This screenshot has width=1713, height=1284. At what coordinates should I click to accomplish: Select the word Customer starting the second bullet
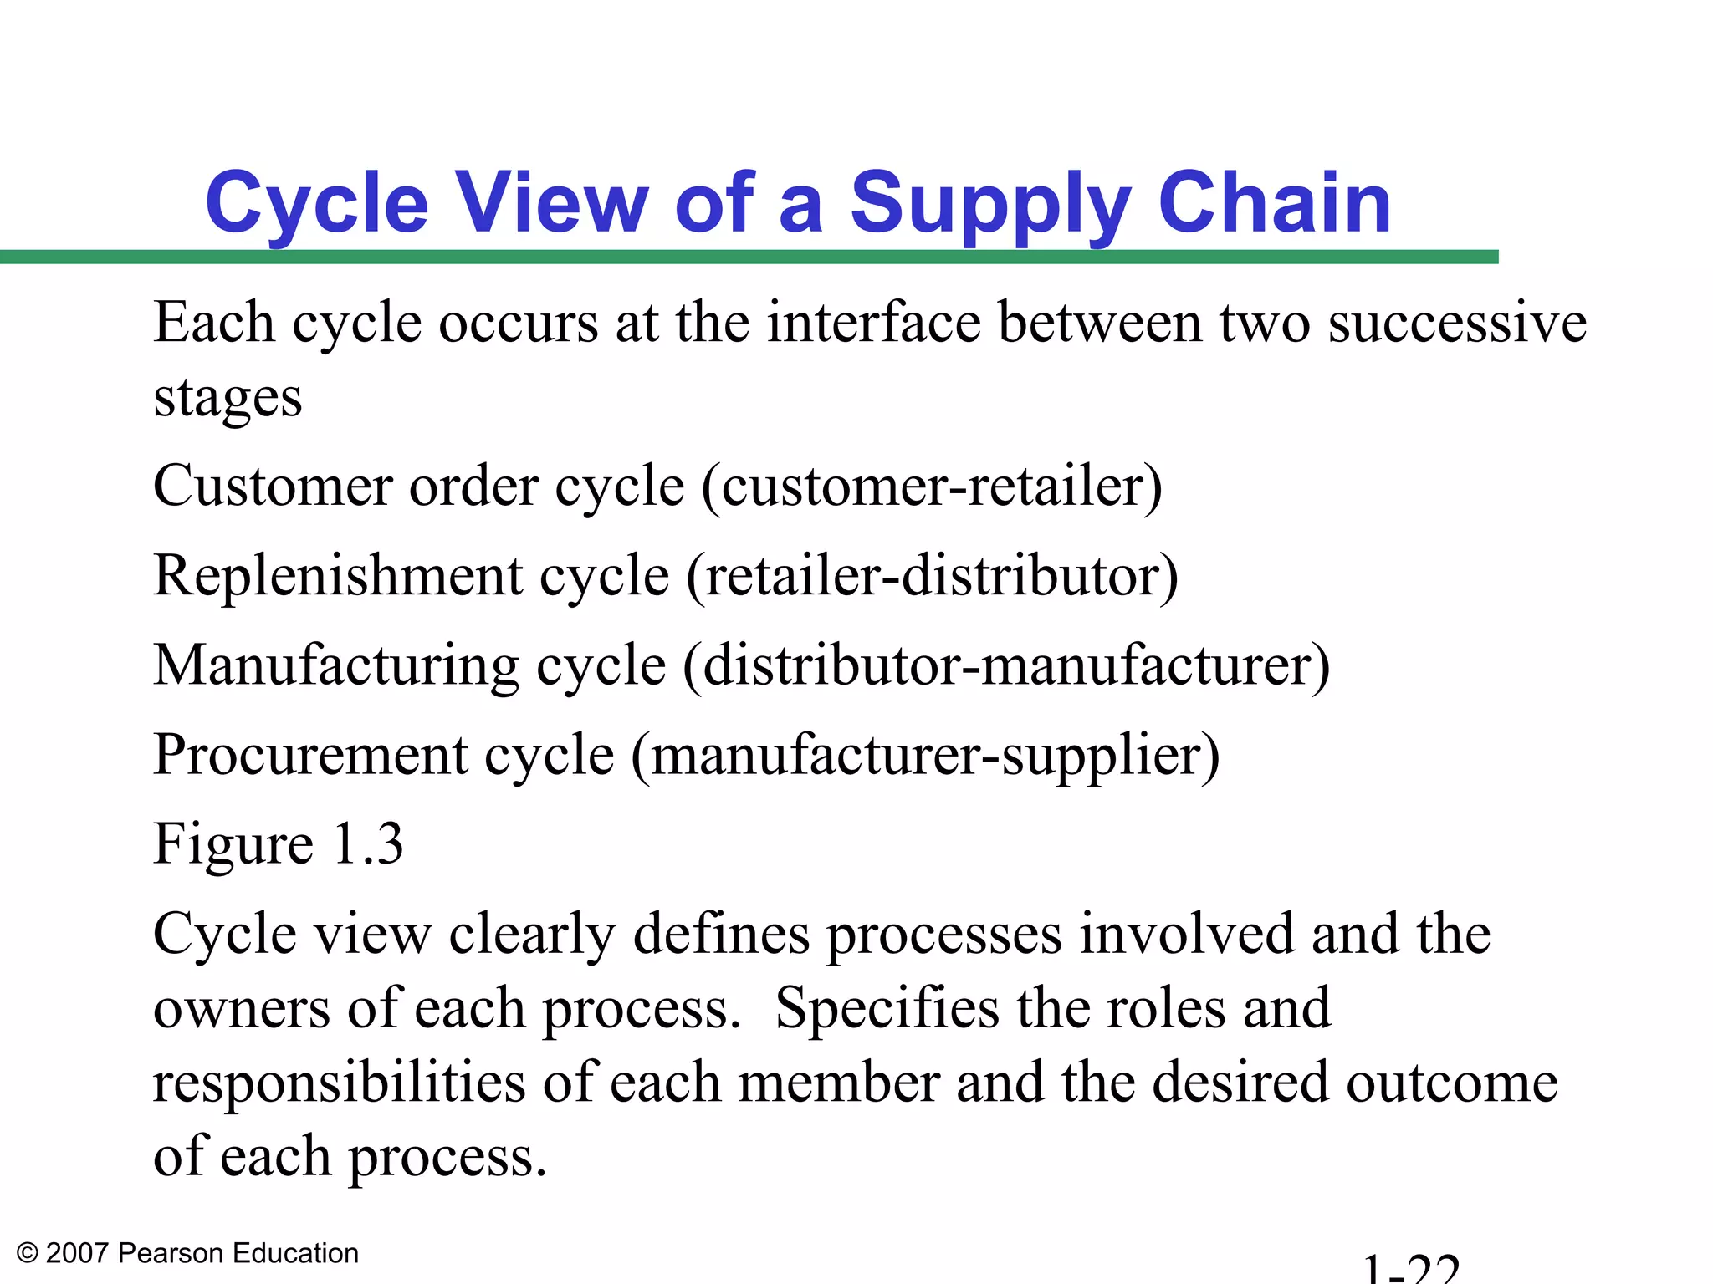(273, 487)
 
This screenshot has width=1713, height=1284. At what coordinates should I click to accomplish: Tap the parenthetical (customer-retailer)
(932, 487)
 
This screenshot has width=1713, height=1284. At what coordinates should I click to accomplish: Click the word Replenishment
(338, 576)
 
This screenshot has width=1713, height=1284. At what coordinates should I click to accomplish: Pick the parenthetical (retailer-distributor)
(932, 576)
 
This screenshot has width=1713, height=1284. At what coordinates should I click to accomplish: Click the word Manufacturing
(336, 665)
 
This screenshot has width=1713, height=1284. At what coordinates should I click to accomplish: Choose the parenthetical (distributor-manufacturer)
(1006, 665)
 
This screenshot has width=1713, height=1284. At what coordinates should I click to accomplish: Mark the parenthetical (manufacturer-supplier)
(925, 755)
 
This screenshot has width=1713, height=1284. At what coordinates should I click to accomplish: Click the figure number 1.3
(368, 843)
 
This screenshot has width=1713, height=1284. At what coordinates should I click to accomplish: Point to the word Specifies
(887, 1008)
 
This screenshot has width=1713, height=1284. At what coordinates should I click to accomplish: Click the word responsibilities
(340, 1083)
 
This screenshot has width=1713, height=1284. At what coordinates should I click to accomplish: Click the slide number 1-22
(1411, 1269)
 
